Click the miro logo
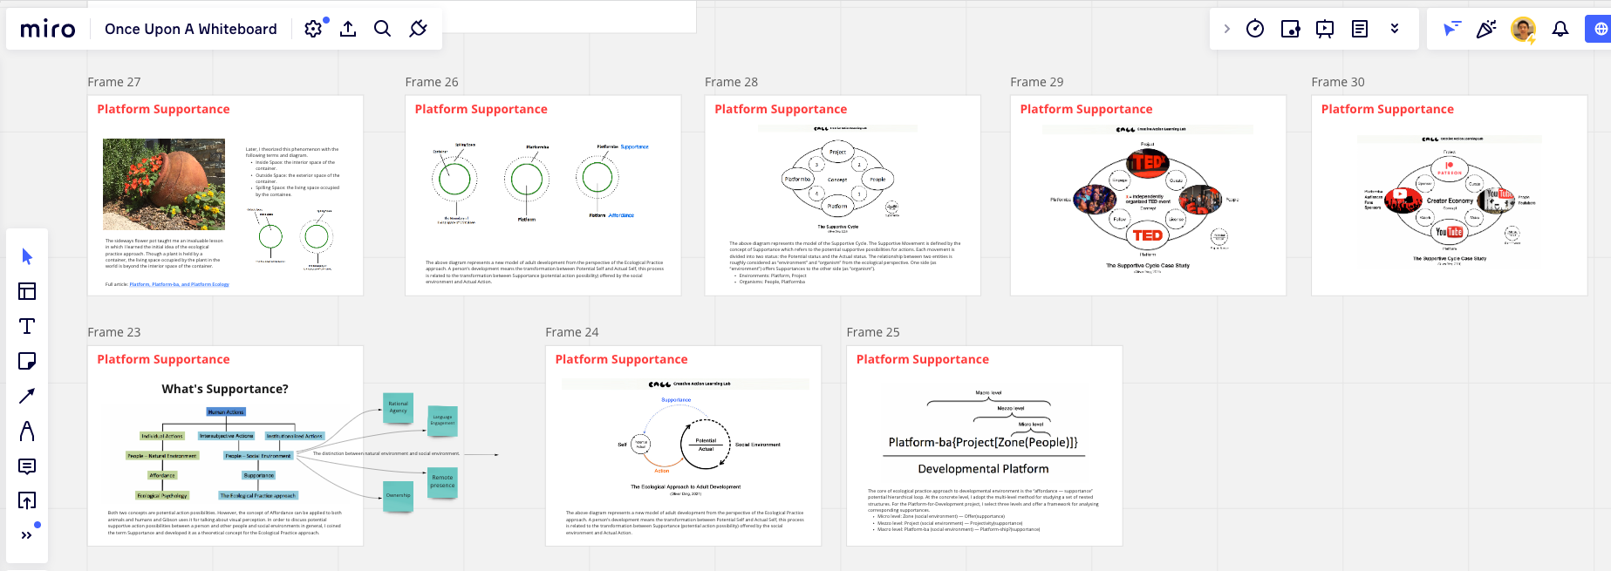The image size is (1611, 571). [48, 30]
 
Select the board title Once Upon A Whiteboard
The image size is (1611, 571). [190, 29]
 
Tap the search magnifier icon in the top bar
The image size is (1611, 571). [382, 29]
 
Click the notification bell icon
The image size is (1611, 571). [1560, 29]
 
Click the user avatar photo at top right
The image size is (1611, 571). [1523, 29]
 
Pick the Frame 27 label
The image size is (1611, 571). [113, 82]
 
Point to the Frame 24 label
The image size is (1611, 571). [571, 332]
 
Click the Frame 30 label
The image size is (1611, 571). [1337, 82]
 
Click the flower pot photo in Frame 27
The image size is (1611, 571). [164, 184]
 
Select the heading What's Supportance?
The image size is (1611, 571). [225, 389]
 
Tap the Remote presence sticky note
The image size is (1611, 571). [442, 481]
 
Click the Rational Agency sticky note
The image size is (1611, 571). [398, 407]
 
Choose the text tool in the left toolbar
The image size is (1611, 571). [27, 326]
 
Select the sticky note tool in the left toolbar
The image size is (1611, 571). [27, 361]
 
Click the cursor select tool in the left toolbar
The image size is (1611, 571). [27, 256]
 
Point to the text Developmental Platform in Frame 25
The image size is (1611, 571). [983, 469]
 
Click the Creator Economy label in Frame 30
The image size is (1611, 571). [1450, 201]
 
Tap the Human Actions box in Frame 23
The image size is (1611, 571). [226, 411]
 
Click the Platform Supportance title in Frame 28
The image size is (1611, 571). [781, 109]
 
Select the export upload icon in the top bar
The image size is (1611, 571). [348, 29]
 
